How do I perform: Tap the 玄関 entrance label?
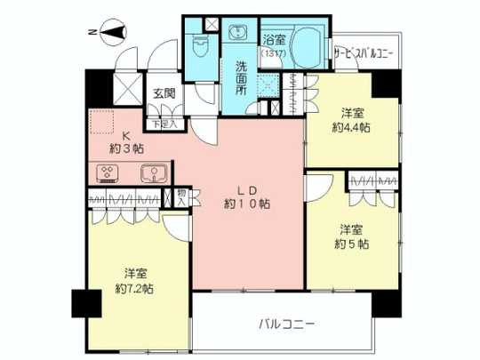pos(162,92)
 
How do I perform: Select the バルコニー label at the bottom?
pos(288,322)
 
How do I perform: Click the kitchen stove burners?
pos(101,172)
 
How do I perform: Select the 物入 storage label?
pos(182,196)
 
